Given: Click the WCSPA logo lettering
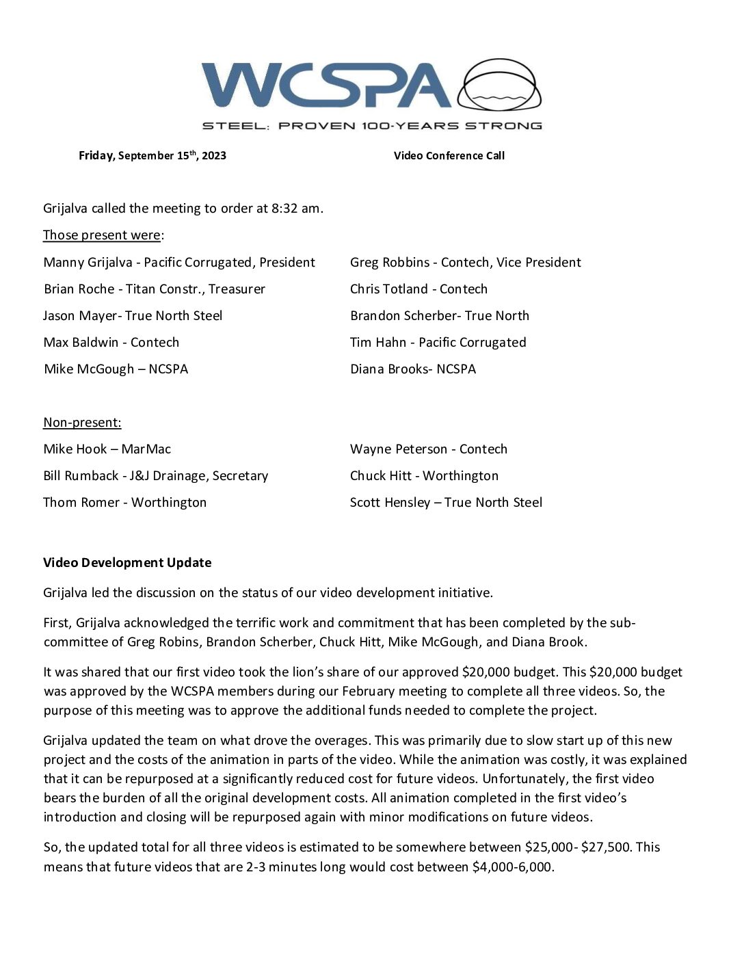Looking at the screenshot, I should pyautogui.click(x=326, y=85).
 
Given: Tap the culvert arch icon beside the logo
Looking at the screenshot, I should pyautogui.click(x=499, y=85).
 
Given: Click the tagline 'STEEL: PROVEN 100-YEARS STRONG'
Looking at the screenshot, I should pyautogui.click(x=372, y=126).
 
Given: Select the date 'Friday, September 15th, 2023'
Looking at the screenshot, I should pyautogui.click(x=152, y=156).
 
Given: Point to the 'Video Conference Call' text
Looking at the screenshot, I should pyautogui.click(x=449, y=156).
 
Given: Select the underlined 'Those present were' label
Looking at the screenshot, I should pyautogui.click(x=102, y=235).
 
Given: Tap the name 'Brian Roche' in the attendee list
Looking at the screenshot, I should pyautogui.click(x=79, y=289).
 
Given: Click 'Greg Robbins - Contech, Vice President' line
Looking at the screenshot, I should pyautogui.click(x=465, y=263).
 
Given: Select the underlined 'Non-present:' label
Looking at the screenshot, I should pyautogui.click(x=82, y=423).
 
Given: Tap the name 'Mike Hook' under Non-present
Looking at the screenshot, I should pyautogui.click(x=75, y=449).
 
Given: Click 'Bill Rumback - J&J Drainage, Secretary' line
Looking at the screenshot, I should pyautogui.click(x=155, y=476).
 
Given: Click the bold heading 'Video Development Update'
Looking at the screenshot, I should pyautogui.click(x=127, y=563).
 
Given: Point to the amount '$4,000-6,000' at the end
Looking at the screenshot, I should pyautogui.click(x=512, y=867).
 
